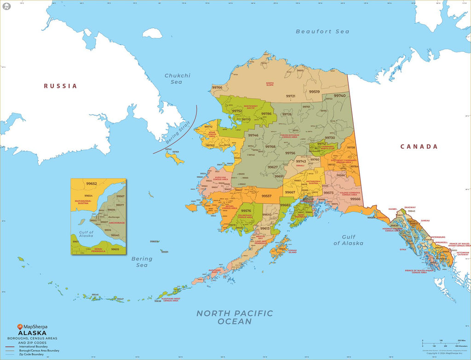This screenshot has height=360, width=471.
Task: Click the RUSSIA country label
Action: tap(60, 86)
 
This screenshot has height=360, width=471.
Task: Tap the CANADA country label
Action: tap(419, 146)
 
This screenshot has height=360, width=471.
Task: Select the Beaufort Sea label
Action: tap(322, 31)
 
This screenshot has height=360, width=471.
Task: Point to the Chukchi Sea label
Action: tap(177, 79)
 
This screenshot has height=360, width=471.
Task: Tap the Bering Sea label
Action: tap(142, 261)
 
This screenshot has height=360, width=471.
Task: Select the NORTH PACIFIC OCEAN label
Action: tap(235, 317)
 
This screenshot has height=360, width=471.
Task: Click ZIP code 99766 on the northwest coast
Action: tap(217, 87)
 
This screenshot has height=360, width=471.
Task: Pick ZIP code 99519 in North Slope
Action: tap(314, 92)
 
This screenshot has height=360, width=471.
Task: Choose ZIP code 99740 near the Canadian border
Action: tap(339, 95)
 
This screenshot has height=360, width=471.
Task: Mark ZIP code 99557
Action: tap(267, 196)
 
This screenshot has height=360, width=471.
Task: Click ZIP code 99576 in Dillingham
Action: tap(246, 211)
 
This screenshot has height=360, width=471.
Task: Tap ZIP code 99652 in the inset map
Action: tap(92, 184)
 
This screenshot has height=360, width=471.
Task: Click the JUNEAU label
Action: tap(425, 221)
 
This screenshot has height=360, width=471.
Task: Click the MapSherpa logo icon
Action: tap(20, 327)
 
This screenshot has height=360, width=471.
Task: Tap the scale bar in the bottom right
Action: tap(441, 343)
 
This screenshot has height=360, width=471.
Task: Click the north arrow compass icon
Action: tap(6, 6)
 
